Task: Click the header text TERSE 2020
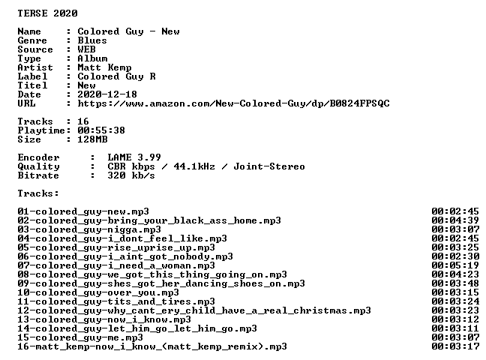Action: pyautogui.click(x=47, y=13)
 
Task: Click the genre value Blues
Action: pyautogui.click(x=92, y=40)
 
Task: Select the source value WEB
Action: pyautogui.click(x=86, y=49)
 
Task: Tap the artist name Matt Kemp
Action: pyautogui.click(x=104, y=67)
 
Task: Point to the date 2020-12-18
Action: pyautogui.click(x=107, y=94)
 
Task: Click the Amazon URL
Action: pyautogui.click(x=233, y=103)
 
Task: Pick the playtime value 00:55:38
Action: pyautogui.click(x=101, y=130)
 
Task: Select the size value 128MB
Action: pyautogui.click(x=92, y=139)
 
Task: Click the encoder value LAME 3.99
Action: pyautogui.click(x=134, y=157)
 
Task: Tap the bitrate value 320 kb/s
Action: pyautogui.click(x=131, y=175)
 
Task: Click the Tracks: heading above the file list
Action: pyautogui.click(x=38, y=193)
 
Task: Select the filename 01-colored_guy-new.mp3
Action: pyautogui.click(x=83, y=211)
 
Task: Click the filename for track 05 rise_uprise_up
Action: pyautogui.click(x=116, y=247)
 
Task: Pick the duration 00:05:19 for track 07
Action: pyautogui.click(x=455, y=265)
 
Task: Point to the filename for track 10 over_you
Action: pyautogui.click(x=98, y=292)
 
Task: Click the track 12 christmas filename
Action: pyautogui.click(x=194, y=310)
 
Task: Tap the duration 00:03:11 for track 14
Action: pyautogui.click(x=455, y=328)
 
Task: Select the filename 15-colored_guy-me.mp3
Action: pyautogui.click(x=80, y=337)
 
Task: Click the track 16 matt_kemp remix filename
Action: pyautogui.click(x=152, y=346)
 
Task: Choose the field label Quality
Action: pyautogui.click(x=38, y=166)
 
